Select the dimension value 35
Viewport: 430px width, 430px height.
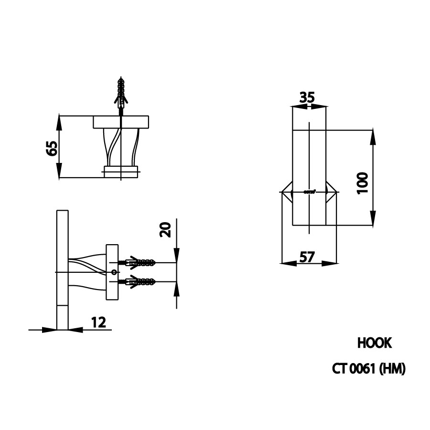307,97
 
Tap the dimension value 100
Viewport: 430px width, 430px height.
363,183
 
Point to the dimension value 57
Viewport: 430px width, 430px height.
308,257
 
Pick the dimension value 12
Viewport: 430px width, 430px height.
98,322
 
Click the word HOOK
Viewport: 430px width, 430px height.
374,343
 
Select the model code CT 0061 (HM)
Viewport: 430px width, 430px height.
369,369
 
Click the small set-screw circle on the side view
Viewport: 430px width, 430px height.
114,272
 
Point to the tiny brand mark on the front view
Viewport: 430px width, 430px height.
310,192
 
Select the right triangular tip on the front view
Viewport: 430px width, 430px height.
332,192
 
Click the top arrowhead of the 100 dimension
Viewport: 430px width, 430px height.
372,135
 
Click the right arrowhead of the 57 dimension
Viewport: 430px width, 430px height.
332,263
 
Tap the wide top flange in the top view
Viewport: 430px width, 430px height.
121,122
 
